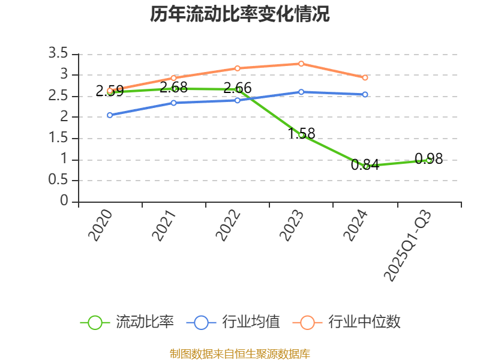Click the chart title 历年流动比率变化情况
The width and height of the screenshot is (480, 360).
click(239, 14)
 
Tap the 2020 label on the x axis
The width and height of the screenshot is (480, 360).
click(101, 225)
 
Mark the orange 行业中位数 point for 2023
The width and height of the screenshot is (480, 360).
click(301, 64)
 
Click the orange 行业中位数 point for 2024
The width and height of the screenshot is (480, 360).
click(365, 77)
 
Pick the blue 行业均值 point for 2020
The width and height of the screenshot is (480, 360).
click(110, 115)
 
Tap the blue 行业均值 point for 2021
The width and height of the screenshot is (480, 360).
click(173, 103)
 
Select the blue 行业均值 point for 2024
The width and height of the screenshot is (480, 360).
click(365, 94)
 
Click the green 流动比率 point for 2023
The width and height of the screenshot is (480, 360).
click(301, 136)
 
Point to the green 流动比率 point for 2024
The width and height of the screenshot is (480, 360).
click(365, 166)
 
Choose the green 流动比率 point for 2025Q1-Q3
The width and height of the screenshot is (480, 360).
click(429, 160)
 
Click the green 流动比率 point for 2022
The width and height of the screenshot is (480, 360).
click(238, 89)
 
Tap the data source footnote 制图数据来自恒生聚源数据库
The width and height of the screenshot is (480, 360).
click(239, 354)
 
